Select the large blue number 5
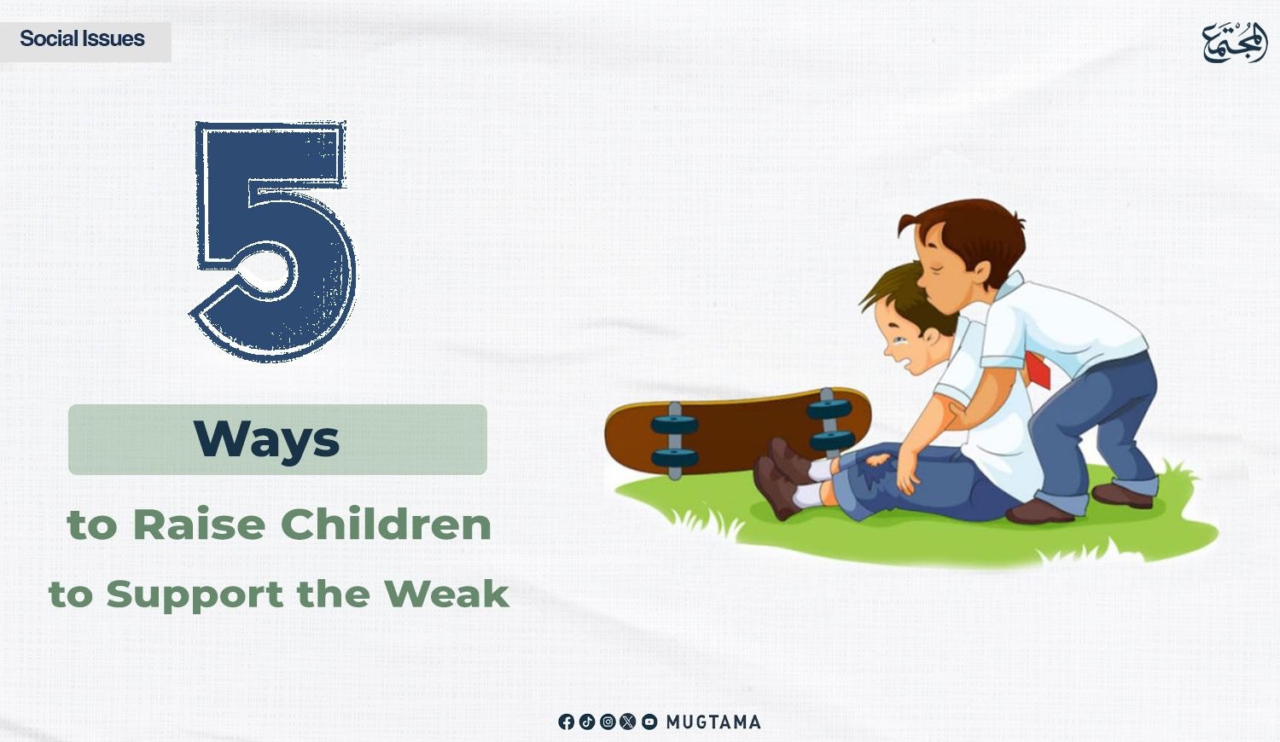coord(273,241)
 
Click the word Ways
coord(266,438)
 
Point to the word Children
coord(387,525)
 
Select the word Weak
coord(446,594)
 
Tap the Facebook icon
coord(566,722)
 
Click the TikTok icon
coord(587,722)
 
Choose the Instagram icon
coord(608,722)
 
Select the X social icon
coord(628,722)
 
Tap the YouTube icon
coord(649,722)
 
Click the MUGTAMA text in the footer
coord(713,722)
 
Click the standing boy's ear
coord(981,273)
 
